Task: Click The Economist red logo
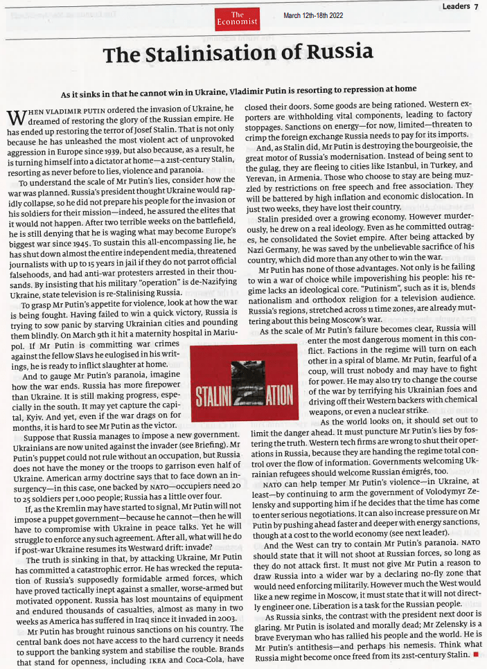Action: click(x=238, y=19)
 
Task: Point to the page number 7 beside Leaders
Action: click(x=477, y=6)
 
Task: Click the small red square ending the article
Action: click(x=477, y=654)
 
